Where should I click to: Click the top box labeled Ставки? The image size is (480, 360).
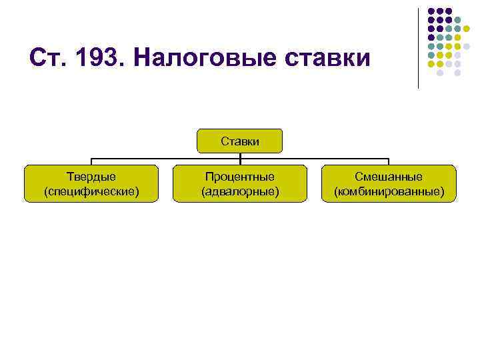tap(240, 141)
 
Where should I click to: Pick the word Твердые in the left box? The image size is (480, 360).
tap(91, 177)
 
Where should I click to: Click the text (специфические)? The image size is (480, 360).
tap(91, 191)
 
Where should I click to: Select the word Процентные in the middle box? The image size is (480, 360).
tap(240, 177)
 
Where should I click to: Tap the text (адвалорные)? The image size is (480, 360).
tap(240, 191)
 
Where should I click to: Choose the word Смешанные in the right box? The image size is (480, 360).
tap(389, 177)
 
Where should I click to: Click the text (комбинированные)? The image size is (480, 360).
tap(389, 191)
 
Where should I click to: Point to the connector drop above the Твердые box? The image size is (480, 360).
tap(91, 162)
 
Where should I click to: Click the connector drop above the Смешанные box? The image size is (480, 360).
tap(389, 162)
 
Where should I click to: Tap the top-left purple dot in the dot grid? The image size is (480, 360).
tap(431, 11)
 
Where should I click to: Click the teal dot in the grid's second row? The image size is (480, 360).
tap(458, 20)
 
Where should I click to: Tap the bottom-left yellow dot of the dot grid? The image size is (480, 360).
tap(431, 65)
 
